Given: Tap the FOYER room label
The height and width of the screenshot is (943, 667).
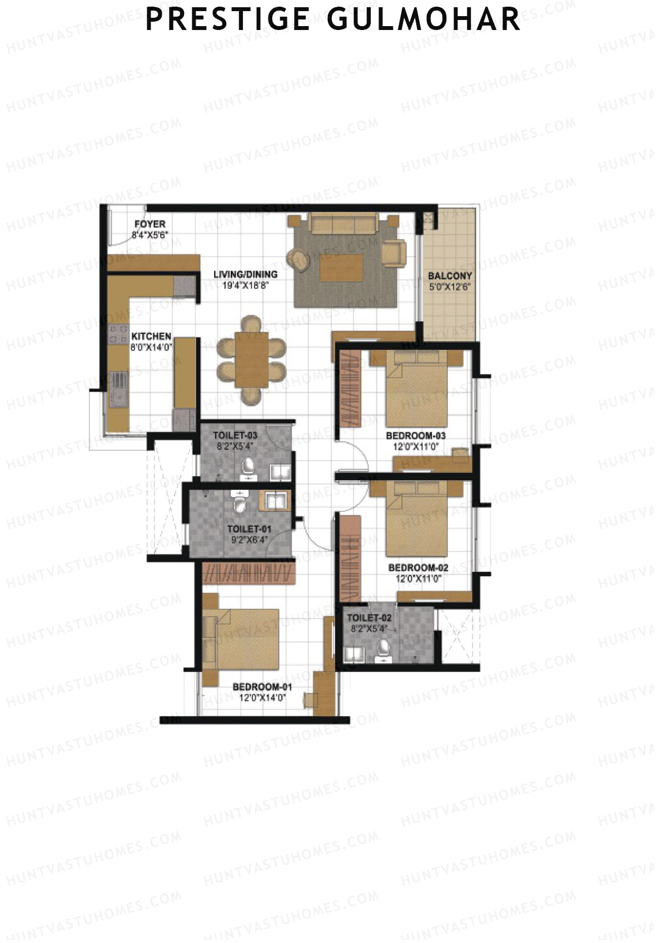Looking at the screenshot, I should (150, 224).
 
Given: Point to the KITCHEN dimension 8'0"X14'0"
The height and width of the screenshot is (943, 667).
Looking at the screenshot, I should (151, 346).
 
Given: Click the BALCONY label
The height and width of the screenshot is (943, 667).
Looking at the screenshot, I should (450, 276).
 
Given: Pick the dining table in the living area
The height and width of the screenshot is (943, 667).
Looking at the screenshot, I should (251, 360).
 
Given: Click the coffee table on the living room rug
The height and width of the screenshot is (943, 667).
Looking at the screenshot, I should (341, 267).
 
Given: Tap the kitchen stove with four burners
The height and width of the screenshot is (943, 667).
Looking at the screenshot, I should (118, 333).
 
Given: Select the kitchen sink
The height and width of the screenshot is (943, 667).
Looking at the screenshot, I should (118, 386).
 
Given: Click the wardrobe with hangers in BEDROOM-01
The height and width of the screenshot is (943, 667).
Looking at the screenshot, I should (248, 573).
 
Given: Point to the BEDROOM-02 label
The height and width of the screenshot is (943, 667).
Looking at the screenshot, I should (418, 568).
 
